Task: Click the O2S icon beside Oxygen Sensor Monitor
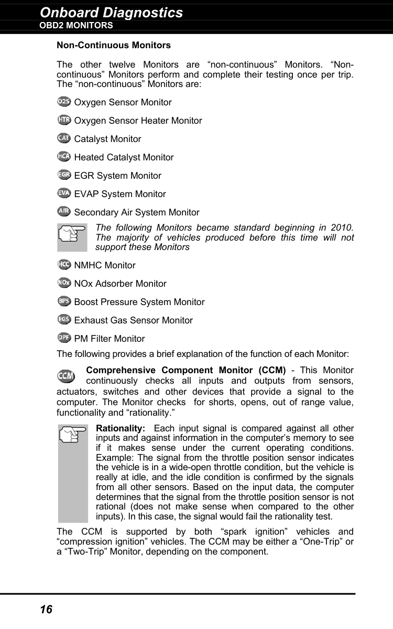coord(64,101)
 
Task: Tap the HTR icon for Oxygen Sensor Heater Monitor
coord(64,120)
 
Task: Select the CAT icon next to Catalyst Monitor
coord(64,138)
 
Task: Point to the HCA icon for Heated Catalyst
coord(64,156)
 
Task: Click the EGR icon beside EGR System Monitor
coord(64,175)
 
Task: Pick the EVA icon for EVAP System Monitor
coord(64,193)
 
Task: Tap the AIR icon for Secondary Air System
coord(64,211)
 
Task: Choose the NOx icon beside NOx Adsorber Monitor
coord(64,283)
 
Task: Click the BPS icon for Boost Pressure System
coord(64,301)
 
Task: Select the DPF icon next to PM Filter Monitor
coord(64,338)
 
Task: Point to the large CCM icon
coord(66,376)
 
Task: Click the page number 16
coord(46,609)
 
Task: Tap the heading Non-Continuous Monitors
coord(113,46)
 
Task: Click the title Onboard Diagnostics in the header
coord(112,13)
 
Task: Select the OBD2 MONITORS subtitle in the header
coord(77,26)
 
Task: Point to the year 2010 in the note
coord(341,227)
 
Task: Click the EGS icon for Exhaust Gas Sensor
coord(64,319)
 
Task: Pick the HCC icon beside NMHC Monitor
coord(64,264)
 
